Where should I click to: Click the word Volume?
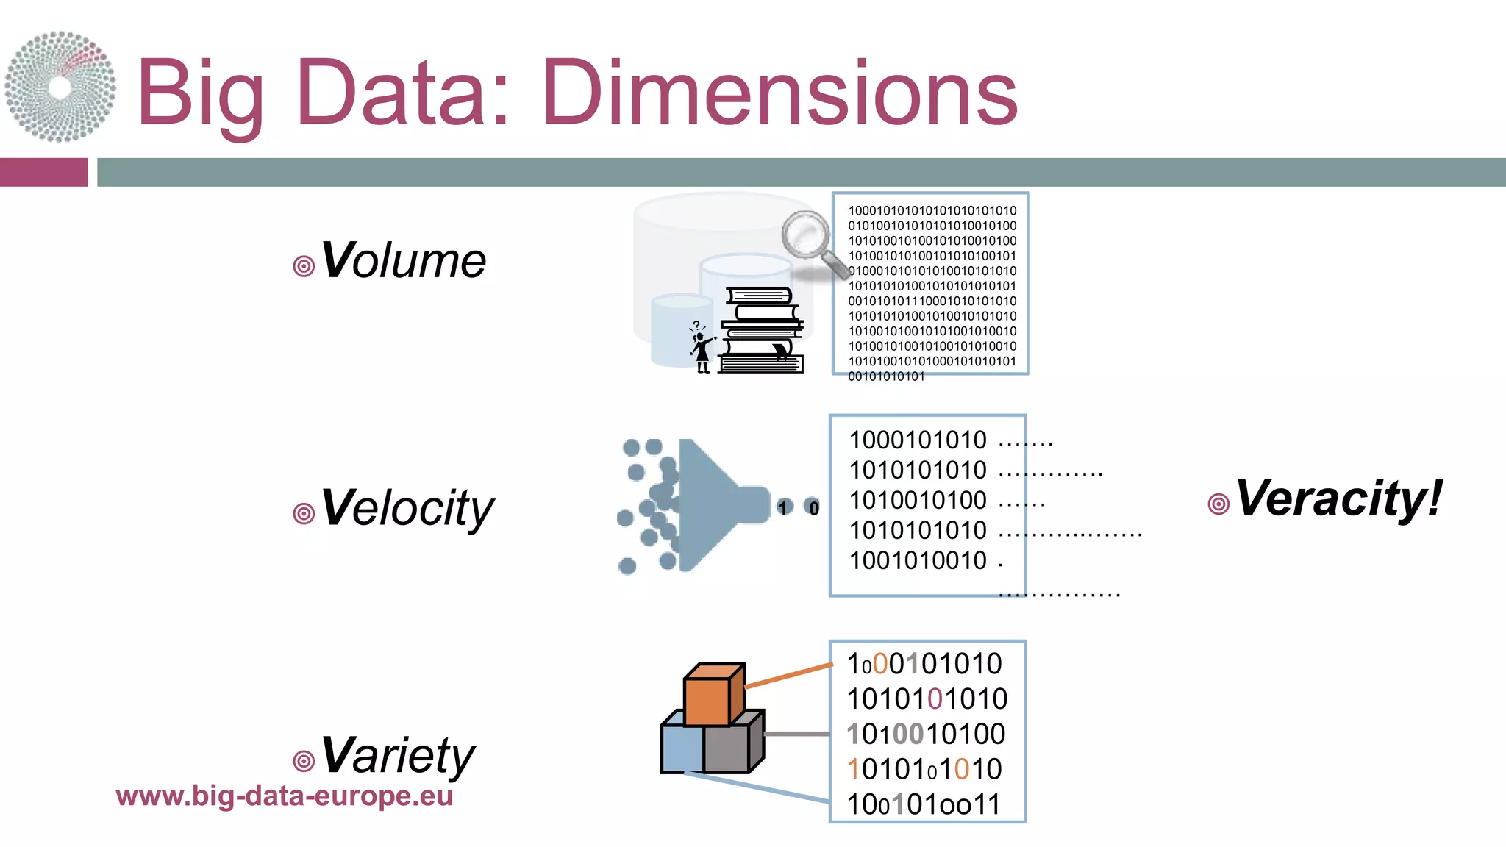pos(404,261)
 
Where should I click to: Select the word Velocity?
pos(407,508)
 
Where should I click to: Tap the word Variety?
pos(398,756)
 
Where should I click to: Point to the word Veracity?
pos(1338,498)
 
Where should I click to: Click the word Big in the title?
pos(200,94)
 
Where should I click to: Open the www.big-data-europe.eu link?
pos(284,796)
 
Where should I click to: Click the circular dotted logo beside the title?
pos(60,87)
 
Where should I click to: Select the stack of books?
pos(761,331)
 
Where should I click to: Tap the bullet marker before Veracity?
pos(1218,504)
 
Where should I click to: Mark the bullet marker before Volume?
pos(304,266)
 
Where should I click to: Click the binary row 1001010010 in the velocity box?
pos(918,561)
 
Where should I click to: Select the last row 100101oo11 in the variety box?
pos(924,804)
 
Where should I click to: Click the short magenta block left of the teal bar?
pos(43,172)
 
